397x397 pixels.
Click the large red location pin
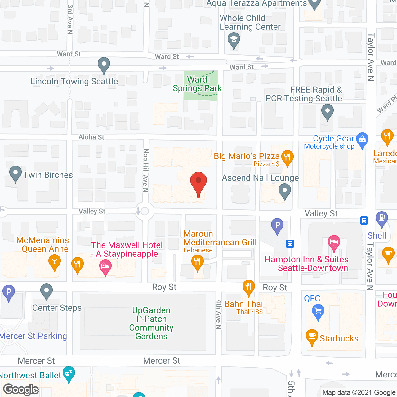198,183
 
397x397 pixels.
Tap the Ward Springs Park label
197,84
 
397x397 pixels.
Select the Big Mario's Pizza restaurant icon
287,157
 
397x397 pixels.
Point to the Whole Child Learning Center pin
234,40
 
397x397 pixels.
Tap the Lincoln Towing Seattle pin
104,65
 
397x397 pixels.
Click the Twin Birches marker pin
15,174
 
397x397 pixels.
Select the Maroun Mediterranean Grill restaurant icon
197,262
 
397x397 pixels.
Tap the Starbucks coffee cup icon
312,337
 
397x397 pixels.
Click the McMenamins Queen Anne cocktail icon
55,262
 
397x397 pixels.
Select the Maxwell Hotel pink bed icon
105,267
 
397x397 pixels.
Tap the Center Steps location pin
46,291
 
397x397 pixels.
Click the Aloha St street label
91,137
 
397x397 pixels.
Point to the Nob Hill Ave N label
145,170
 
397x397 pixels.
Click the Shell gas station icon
382,218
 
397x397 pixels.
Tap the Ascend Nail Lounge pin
284,191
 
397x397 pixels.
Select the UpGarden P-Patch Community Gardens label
151,323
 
